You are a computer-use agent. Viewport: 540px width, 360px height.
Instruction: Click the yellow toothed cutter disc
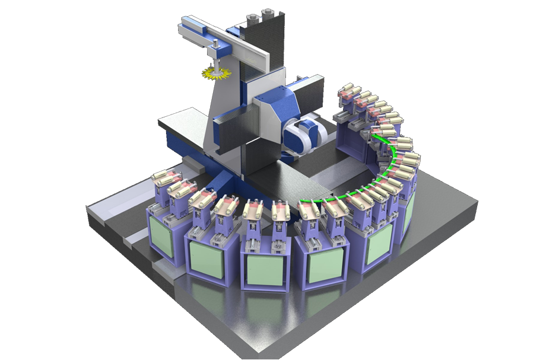tap(215, 74)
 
